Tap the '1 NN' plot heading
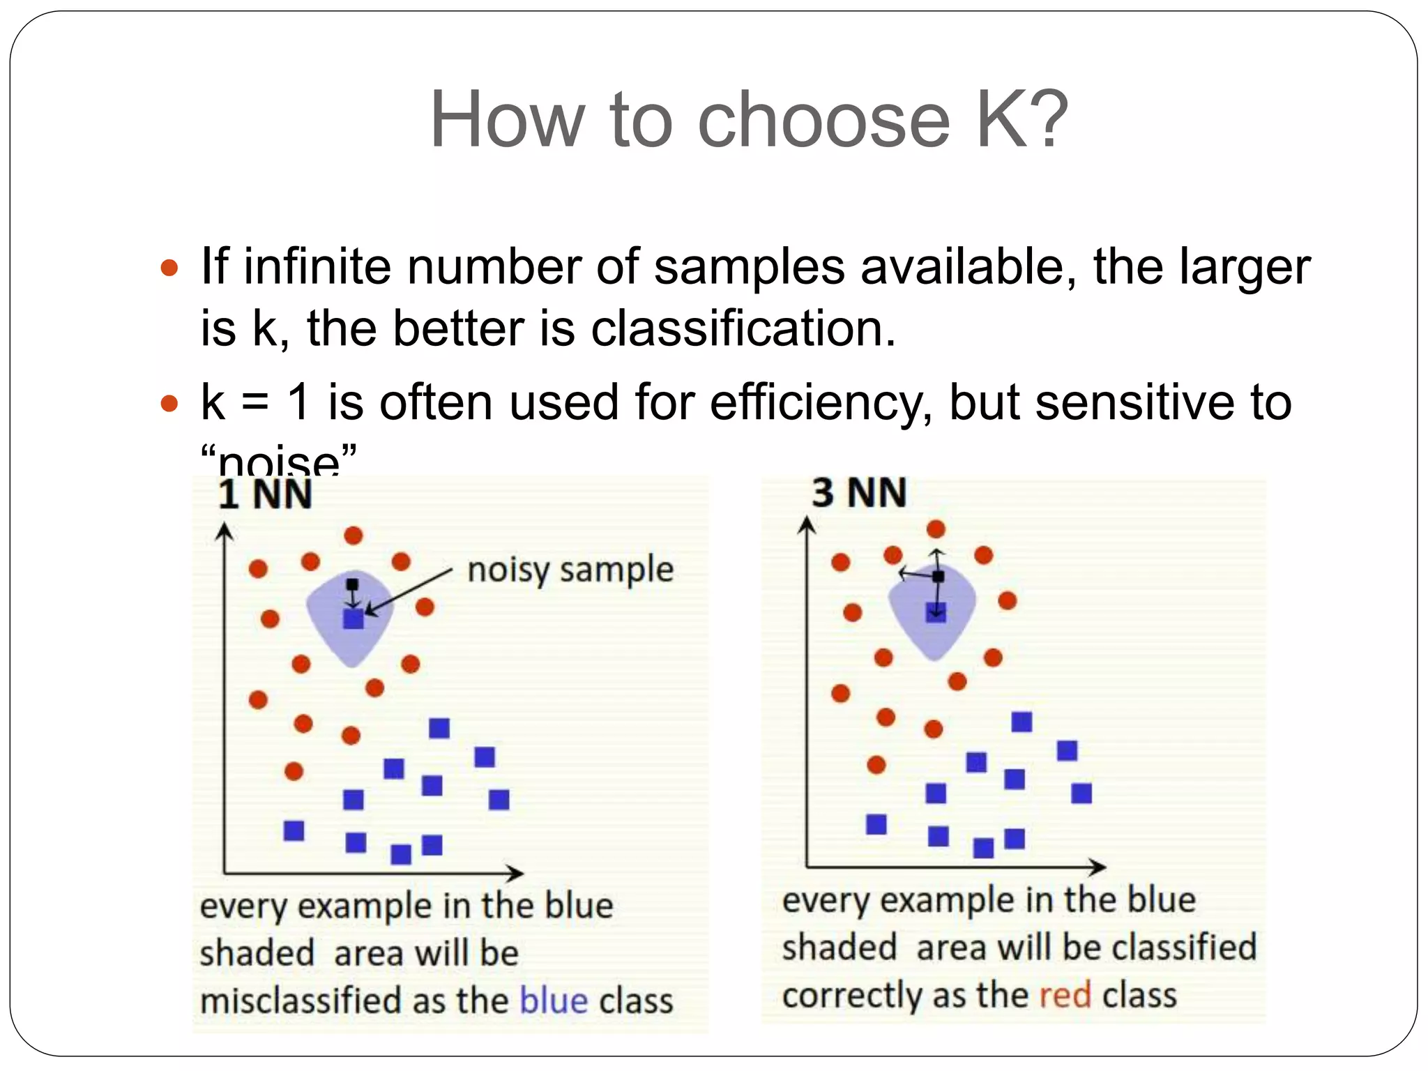click(x=265, y=495)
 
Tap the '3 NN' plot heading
click(x=859, y=492)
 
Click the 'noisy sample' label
click(x=570, y=570)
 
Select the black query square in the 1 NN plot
click(x=352, y=584)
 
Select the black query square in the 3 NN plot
click(x=938, y=577)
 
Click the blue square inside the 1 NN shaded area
click(x=354, y=618)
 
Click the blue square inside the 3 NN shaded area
click(x=936, y=613)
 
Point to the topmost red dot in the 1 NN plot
click(x=354, y=535)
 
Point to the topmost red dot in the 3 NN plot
click(x=936, y=529)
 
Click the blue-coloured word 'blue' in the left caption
click(x=554, y=1001)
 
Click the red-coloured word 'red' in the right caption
click(x=1065, y=994)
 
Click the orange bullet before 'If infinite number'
click(x=169, y=268)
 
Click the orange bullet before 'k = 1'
click(x=169, y=403)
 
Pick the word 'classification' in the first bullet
click(x=742, y=328)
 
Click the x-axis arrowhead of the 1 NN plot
click(x=516, y=873)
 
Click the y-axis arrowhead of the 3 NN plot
click(x=807, y=524)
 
